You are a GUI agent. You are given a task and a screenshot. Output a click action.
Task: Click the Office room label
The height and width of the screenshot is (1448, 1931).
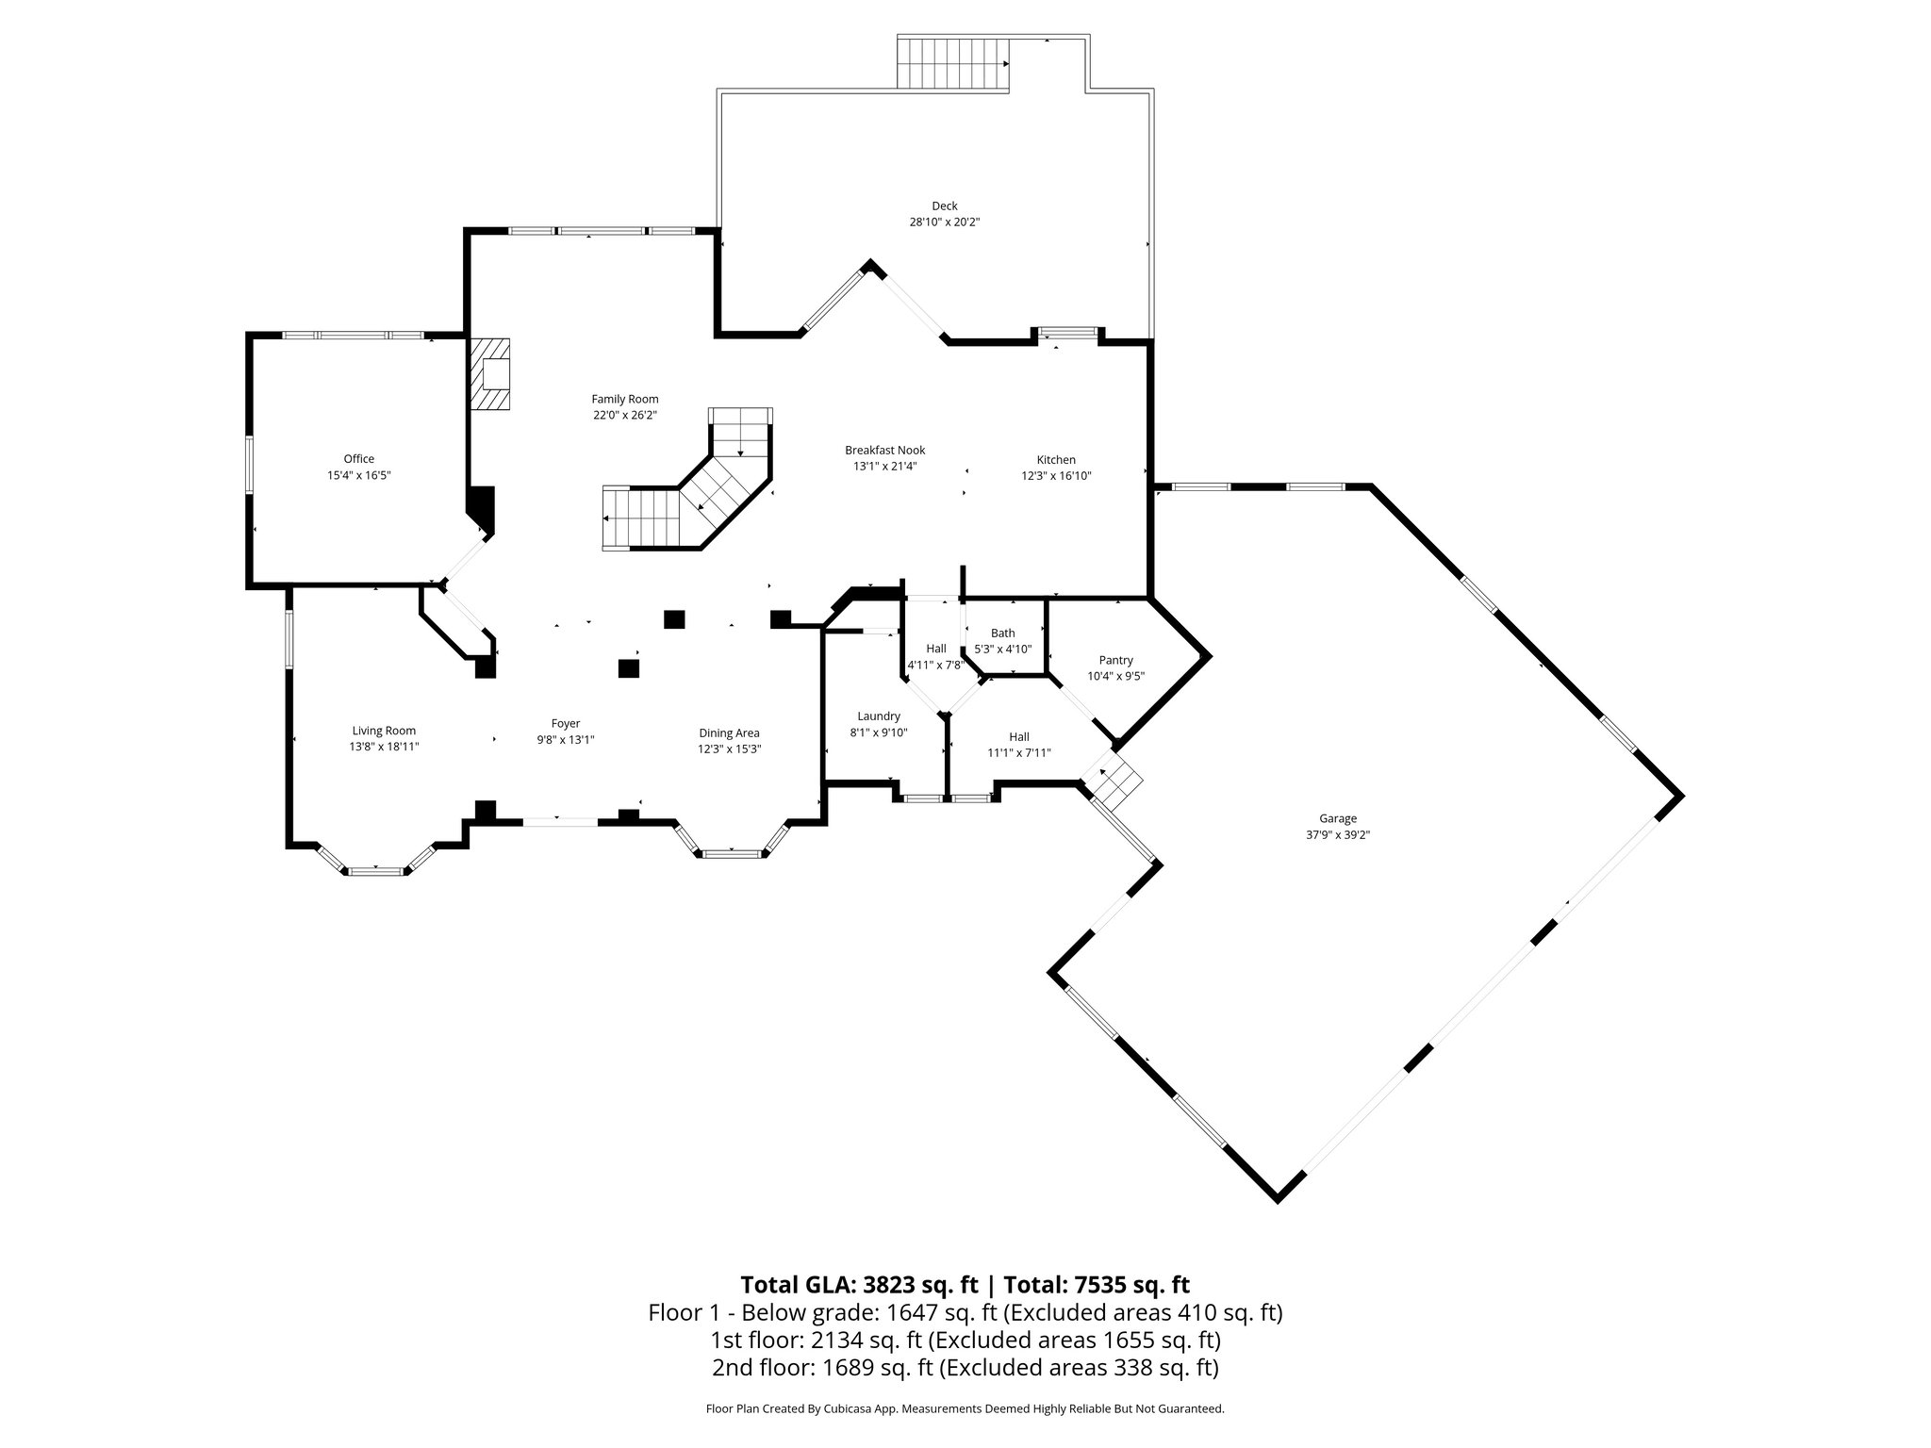(x=358, y=459)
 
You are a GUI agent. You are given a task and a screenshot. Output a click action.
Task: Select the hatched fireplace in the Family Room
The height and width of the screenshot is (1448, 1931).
(x=490, y=374)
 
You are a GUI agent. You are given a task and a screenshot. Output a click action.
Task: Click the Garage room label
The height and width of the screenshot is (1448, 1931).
(x=1337, y=818)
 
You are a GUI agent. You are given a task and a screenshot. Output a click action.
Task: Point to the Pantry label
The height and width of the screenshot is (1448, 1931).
(x=1115, y=660)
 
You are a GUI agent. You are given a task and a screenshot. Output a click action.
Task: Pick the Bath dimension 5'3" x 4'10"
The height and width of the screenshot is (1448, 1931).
(x=1002, y=650)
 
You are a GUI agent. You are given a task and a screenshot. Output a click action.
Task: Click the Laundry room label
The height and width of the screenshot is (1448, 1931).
(x=878, y=716)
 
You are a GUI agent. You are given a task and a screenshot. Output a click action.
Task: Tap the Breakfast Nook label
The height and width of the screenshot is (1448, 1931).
(x=884, y=451)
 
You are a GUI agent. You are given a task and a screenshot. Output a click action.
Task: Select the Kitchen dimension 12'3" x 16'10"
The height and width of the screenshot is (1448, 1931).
(x=1056, y=476)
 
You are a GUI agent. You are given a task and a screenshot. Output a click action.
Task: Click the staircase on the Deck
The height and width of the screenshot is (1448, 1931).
(x=952, y=63)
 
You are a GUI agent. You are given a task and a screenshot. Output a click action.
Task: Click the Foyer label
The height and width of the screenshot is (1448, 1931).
(x=566, y=724)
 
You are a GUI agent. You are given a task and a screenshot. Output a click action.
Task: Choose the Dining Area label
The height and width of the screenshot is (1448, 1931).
(x=729, y=733)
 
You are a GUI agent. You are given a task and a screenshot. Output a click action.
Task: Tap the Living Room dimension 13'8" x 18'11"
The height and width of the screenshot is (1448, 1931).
(x=384, y=747)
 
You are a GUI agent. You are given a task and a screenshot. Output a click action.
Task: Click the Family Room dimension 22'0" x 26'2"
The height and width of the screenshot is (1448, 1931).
(x=624, y=415)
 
